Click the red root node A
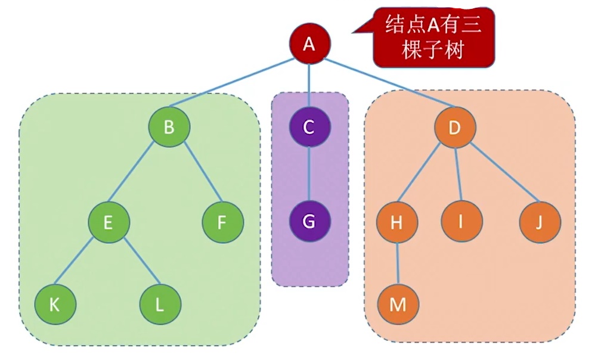click(309, 44)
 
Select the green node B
click(169, 127)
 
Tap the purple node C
click(309, 127)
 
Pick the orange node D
click(455, 127)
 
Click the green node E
click(109, 222)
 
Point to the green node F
click(222, 222)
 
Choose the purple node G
click(309, 221)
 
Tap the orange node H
click(397, 222)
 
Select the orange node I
click(461, 222)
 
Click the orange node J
click(540, 222)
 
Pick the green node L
click(160, 305)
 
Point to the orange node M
click(398, 305)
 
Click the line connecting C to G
click(309, 174)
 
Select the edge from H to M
click(398, 263)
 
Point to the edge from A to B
click(239, 85)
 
